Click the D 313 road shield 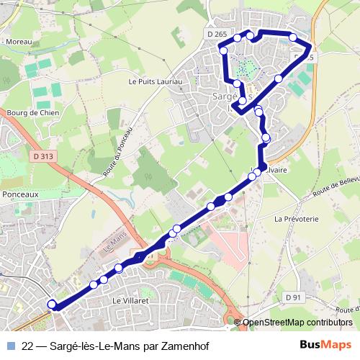[43, 156]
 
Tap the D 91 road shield [292, 297]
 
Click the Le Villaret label [130, 300]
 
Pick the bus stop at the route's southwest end [52, 305]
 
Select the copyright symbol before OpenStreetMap [238, 322]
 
